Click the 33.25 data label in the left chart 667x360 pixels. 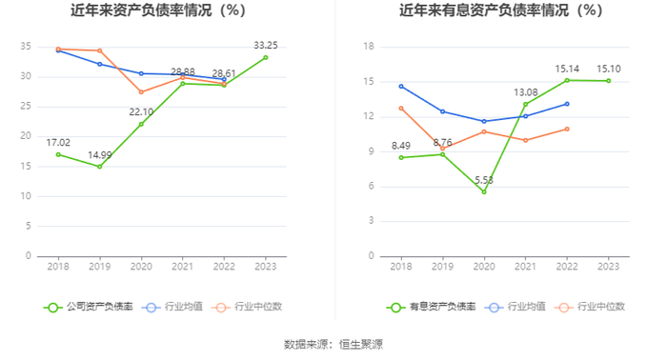click(x=266, y=45)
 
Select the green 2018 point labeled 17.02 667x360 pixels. click(x=58, y=154)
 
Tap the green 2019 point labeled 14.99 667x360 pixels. click(x=99, y=167)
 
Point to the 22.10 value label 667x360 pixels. click(x=141, y=111)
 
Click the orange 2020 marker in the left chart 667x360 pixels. click(x=141, y=91)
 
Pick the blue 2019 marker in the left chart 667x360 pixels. click(x=99, y=64)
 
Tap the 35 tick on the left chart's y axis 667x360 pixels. click(x=26, y=47)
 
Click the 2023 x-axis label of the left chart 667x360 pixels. click(x=266, y=267)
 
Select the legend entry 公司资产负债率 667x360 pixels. click(x=89, y=307)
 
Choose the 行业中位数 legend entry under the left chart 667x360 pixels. click(x=249, y=307)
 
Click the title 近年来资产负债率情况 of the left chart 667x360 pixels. click(x=141, y=10)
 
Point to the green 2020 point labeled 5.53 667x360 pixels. click(x=484, y=191)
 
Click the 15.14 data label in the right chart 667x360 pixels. click(x=567, y=69)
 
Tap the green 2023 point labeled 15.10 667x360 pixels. click(x=609, y=81)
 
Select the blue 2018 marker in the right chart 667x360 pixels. click(x=401, y=87)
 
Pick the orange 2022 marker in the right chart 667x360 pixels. click(x=567, y=129)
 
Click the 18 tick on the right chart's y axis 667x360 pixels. click(x=369, y=47)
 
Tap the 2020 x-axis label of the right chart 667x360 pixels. click(x=484, y=267)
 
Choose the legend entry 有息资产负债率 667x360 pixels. click(x=432, y=307)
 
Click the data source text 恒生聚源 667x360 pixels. click(x=361, y=344)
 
